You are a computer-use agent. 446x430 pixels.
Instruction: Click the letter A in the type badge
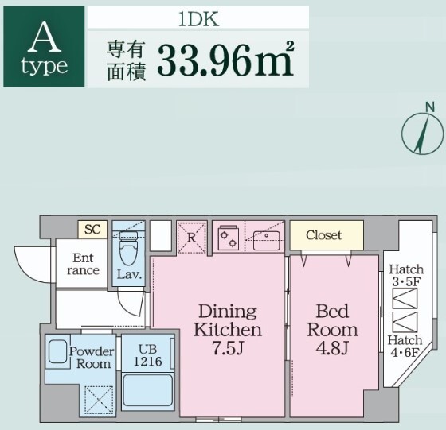45,37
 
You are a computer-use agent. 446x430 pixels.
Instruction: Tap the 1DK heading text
199,19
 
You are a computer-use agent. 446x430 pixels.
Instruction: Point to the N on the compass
430,107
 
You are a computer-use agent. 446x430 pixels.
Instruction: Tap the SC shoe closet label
92,230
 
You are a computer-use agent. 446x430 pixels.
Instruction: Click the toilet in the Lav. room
128,247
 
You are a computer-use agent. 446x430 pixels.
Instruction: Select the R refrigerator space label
191,238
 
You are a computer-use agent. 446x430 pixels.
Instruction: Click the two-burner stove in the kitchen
228,238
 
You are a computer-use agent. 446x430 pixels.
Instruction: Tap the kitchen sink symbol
267,240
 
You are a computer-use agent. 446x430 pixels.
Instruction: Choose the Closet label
323,235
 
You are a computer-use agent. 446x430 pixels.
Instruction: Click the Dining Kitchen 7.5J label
228,330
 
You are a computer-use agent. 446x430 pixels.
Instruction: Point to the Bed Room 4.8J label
332,330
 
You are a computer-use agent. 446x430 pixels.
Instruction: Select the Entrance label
83,264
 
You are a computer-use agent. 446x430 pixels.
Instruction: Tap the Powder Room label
92,358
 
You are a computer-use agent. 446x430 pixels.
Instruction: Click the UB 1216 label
147,355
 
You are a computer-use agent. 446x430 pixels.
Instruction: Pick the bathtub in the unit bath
147,391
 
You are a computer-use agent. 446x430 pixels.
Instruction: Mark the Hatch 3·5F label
406,276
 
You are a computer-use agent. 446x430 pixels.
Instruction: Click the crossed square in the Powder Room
99,400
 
